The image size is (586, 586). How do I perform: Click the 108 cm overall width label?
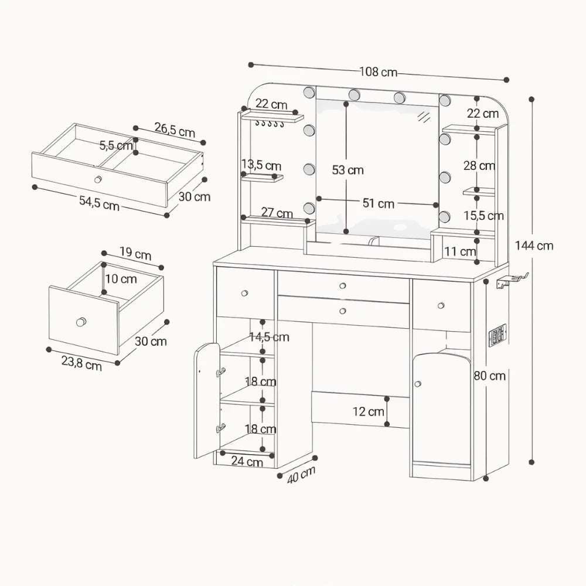coord(378,71)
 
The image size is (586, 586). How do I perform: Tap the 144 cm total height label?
coord(534,246)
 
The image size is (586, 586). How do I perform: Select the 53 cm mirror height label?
coord(347,170)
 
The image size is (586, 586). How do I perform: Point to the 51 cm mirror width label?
coord(378,203)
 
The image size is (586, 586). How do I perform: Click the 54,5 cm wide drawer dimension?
coord(99,203)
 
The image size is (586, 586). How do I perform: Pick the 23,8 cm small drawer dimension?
coord(81,363)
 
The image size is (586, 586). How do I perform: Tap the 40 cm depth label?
coord(301,475)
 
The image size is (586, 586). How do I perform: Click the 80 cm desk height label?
coord(489,376)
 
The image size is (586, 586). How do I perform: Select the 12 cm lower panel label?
coord(368,411)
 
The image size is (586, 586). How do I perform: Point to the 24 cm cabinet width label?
coord(247,461)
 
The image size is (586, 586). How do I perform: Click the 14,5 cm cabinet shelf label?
coord(270,337)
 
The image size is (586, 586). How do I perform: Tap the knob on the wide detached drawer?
coord(98,179)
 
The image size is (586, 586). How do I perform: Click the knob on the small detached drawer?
coord(81,321)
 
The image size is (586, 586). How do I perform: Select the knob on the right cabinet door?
coord(417,384)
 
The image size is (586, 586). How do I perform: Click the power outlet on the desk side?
coord(498,334)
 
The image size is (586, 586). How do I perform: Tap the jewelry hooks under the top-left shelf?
coord(270,123)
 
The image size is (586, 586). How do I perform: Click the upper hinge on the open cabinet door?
coord(221,372)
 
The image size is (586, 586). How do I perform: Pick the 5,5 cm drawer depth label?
coord(116,145)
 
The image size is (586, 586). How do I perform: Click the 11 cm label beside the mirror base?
coord(460,251)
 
